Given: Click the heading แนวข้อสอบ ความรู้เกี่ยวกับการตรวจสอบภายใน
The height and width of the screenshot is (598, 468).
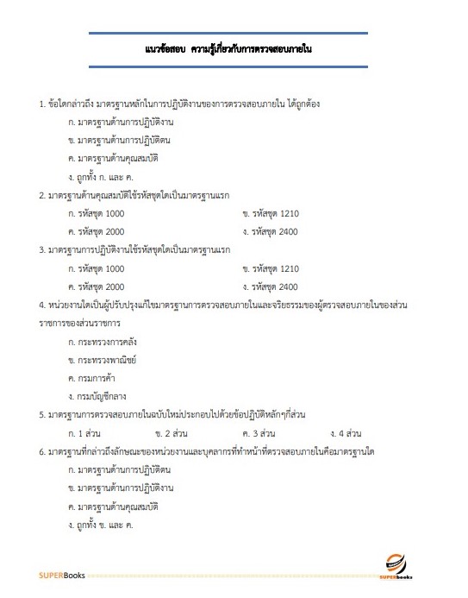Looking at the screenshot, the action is (228, 51).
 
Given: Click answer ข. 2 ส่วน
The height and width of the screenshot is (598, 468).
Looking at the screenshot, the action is (172, 431).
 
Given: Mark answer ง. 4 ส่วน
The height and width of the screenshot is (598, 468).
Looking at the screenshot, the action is (345, 431).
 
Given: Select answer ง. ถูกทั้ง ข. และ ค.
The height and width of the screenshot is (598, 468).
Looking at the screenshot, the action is (103, 523).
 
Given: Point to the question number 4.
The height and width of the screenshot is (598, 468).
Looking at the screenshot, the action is (42, 305).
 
